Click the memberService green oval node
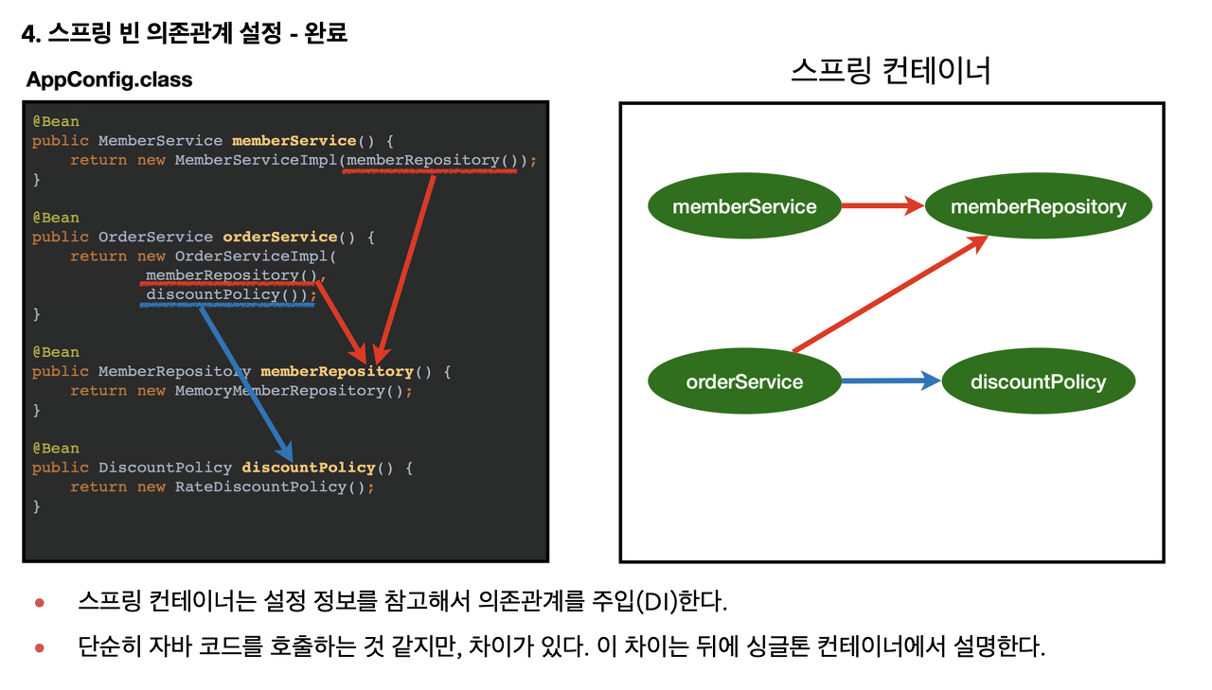tap(744, 206)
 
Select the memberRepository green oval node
tap(1038, 206)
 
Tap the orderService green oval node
tap(744, 382)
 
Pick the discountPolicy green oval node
tap(1038, 382)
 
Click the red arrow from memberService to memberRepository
tap(881, 205)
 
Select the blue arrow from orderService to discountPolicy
tap(890, 381)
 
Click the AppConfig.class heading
tap(110, 80)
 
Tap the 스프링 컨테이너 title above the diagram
tap(890, 71)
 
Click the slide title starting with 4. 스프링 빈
tap(185, 34)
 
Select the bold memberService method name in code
tap(294, 141)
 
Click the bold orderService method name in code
tap(279, 237)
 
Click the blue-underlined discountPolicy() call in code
tap(227, 294)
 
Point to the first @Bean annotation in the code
tap(56, 121)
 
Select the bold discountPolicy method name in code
tap(308, 468)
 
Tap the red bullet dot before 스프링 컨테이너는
tap(40, 602)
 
